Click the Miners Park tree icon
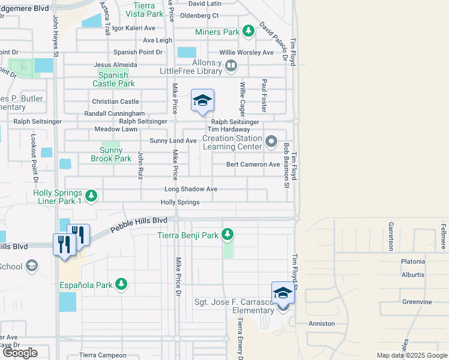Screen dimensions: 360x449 click(247, 31)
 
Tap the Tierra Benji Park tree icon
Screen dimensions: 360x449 click(228, 235)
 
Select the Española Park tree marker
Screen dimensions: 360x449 click(121, 283)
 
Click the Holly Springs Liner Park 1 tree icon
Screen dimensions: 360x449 click(91, 196)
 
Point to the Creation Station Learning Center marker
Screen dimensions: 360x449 click(271, 142)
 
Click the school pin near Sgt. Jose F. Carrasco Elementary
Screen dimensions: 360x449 click(283, 294)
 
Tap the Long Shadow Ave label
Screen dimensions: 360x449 click(191, 189)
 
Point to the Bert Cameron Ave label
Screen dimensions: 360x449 click(253, 164)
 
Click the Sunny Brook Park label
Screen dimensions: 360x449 click(110, 154)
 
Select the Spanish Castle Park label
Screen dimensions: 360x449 click(113, 80)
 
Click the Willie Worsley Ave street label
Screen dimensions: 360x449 click(246, 52)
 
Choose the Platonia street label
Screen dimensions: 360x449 click(413, 262)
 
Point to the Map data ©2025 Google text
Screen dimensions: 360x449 click(411, 355)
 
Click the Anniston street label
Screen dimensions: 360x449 click(321, 323)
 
